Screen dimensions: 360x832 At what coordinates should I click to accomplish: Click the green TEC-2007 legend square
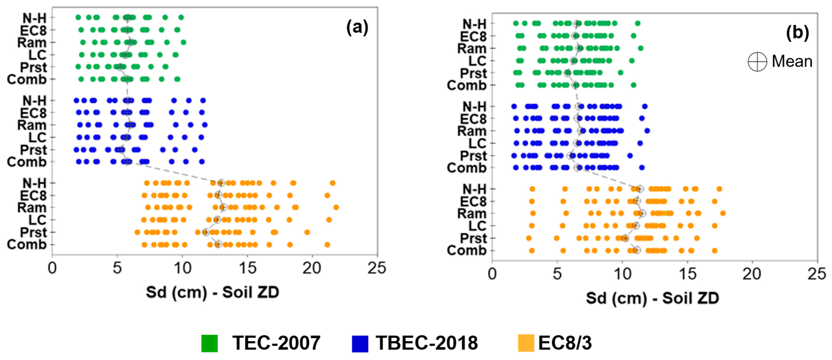[x=210, y=343]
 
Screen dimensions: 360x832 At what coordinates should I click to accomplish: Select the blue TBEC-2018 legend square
[x=360, y=343]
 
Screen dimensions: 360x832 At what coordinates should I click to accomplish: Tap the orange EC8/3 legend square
[x=526, y=343]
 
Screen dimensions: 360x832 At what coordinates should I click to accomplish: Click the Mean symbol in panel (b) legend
[x=757, y=61]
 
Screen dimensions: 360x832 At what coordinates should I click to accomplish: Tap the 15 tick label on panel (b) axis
[x=687, y=274]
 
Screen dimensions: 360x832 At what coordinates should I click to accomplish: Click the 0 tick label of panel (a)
[x=52, y=268]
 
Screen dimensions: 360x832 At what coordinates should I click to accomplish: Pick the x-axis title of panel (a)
[x=212, y=292]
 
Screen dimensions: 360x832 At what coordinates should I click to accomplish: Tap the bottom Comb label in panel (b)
[x=466, y=251]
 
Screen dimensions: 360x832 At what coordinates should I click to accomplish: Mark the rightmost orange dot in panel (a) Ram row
[x=336, y=207]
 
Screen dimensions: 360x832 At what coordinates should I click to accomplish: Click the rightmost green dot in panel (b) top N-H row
[x=638, y=23]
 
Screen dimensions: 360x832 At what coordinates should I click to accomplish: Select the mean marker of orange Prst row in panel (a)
[x=205, y=232]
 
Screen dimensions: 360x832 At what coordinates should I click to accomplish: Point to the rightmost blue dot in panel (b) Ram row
[x=647, y=131]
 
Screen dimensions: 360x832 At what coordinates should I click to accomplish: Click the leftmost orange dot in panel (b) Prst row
[x=529, y=238]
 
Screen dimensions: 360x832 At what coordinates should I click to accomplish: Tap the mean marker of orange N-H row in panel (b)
[x=640, y=189]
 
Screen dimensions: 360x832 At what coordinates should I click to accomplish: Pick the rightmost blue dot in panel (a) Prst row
[x=195, y=150]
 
